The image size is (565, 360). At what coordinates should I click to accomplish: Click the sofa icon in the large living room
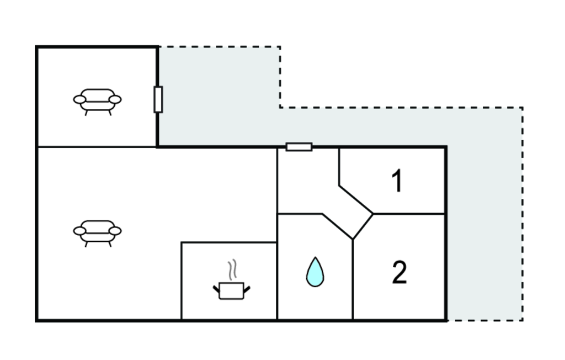click(97, 232)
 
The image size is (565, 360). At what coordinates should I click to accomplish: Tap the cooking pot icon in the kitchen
click(231, 290)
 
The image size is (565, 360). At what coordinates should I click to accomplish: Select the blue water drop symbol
click(315, 272)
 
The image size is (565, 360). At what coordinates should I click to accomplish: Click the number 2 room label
click(399, 272)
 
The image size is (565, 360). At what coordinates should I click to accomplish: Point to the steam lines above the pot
click(234, 269)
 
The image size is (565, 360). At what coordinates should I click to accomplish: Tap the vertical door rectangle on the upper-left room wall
click(158, 100)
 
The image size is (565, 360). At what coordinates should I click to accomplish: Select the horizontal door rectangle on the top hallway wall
click(299, 147)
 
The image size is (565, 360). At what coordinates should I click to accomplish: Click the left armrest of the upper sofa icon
click(80, 99)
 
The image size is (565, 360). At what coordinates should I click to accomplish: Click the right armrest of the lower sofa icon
click(115, 230)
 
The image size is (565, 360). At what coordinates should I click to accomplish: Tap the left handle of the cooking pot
click(216, 288)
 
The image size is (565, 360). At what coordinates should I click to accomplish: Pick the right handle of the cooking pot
click(247, 288)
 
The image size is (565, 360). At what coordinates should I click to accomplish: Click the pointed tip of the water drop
click(315, 258)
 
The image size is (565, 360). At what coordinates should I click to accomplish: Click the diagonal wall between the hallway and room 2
click(363, 226)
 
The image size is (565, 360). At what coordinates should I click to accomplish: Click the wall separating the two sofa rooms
click(97, 147)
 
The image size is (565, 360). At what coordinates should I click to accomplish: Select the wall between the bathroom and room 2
click(353, 282)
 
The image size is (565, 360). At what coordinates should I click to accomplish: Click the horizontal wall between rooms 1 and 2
click(409, 214)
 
